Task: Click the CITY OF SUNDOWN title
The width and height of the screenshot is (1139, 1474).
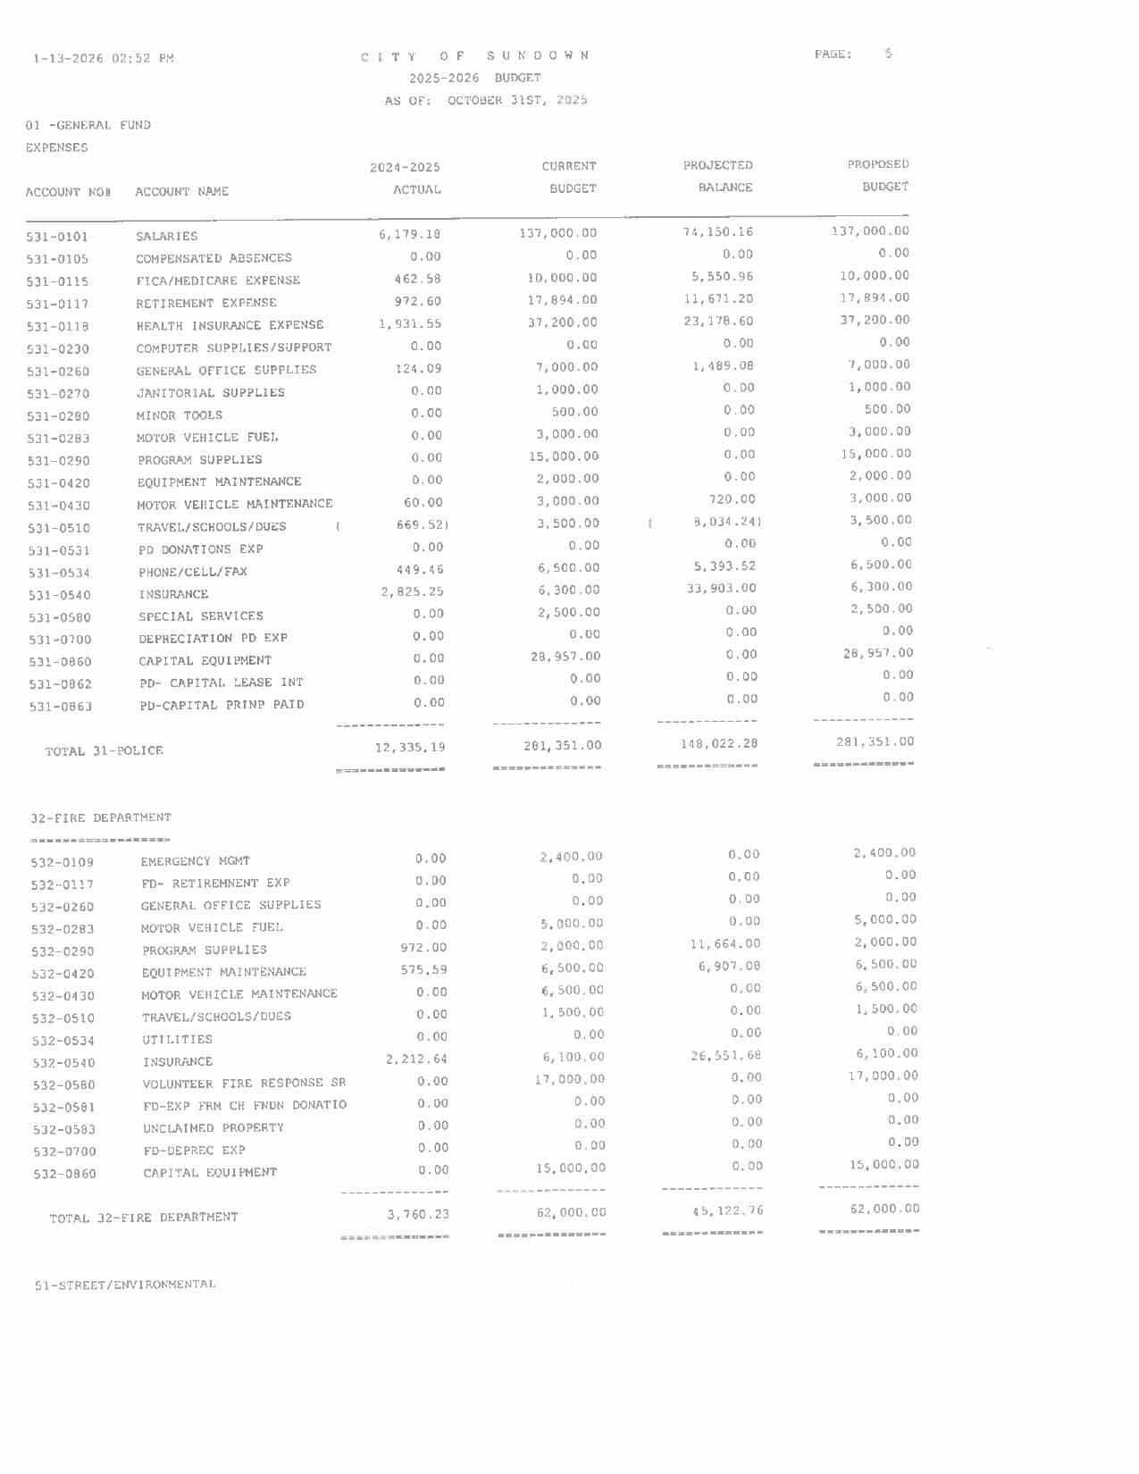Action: pos(475,55)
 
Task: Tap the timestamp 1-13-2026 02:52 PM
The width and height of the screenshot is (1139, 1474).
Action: pos(104,59)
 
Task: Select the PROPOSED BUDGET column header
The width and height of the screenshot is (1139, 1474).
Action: pos(878,175)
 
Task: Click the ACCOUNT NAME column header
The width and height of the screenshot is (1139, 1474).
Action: pos(181,191)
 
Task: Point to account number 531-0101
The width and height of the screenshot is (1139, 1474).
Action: pos(57,237)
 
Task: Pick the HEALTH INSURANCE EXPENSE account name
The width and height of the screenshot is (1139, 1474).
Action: pos(230,325)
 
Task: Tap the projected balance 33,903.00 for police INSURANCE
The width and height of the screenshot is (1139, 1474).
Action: pos(721,588)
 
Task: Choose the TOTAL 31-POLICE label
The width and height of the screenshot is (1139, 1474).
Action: pos(104,751)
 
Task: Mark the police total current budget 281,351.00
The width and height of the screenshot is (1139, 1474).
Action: pos(562,745)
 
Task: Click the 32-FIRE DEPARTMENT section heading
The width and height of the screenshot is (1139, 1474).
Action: pos(101,817)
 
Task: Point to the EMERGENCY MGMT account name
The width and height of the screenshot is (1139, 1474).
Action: pos(195,861)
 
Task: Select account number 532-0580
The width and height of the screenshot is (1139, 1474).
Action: pos(63,1085)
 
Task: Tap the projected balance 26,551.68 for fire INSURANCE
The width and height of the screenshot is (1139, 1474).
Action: pos(725,1056)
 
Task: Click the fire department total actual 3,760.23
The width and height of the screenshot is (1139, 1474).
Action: pos(418,1214)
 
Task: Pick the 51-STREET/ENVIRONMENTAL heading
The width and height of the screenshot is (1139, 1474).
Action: pos(125,1285)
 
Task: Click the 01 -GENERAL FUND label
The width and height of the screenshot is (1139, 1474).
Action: pos(88,125)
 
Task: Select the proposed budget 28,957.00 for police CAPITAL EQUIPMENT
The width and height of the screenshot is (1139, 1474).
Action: pos(877,653)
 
